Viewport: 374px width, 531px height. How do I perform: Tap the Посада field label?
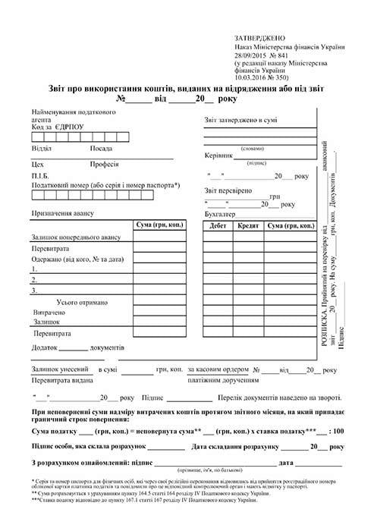pyautogui.click(x=102, y=148)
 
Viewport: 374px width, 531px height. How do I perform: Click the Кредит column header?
pyautogui.click(x=248, y=226)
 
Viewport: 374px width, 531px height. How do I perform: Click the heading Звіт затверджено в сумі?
pyautogui.click(x=240, y=120)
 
